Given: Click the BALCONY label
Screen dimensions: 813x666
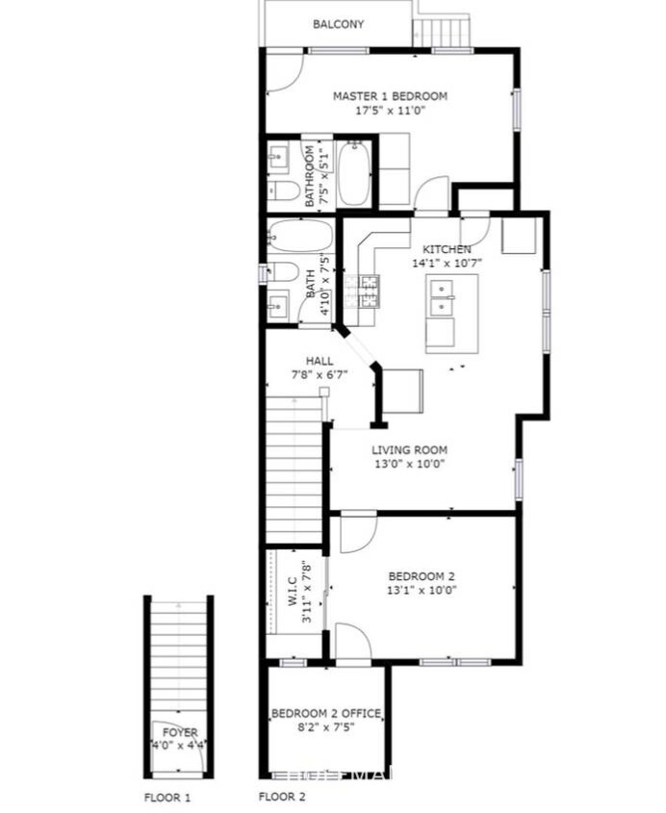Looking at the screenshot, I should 338,24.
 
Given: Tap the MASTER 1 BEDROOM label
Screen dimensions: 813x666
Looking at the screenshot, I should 390,96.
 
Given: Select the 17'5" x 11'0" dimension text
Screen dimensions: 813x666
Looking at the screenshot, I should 390,111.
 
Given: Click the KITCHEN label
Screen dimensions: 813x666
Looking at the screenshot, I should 441,249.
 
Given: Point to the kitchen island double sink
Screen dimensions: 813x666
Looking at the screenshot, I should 443,297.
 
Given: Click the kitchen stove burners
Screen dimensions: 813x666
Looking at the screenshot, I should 370,286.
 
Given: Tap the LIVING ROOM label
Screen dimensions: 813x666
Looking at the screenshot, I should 409,449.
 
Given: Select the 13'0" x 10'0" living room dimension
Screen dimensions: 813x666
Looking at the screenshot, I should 409,464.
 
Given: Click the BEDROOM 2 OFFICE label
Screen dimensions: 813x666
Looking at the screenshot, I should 325,713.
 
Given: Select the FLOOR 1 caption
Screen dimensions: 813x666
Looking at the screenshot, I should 168,798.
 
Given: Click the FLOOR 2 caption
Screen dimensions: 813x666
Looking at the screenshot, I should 282,798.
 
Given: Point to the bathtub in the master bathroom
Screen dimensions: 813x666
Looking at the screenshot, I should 353,174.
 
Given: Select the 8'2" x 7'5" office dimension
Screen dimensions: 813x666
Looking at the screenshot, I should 325,726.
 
